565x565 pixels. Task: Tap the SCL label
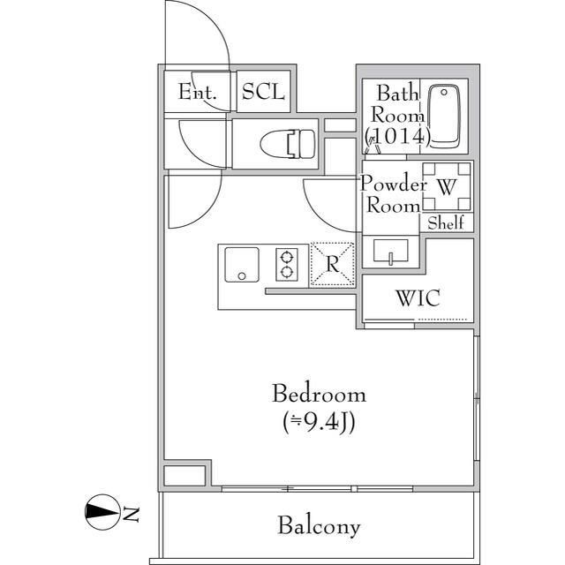click(x=263, y=91)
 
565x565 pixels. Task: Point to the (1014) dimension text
click(x=397, y=136)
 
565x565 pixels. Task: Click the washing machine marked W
click(x=446, y=186)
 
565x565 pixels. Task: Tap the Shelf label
click(x=446, y=223)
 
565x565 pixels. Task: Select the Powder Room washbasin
click(x=390, y=251)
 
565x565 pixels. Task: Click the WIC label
click(x=418, y=298)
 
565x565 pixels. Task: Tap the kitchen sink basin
click(x=240, y=264)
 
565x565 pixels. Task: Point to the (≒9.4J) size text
click(x=319, y=422)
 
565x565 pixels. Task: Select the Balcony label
click(x=319, y=527)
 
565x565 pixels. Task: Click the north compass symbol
click(x=102, y=511)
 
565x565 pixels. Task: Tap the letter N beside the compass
click(x=131, y=512)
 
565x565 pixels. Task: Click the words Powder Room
click(x=392, y=194)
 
